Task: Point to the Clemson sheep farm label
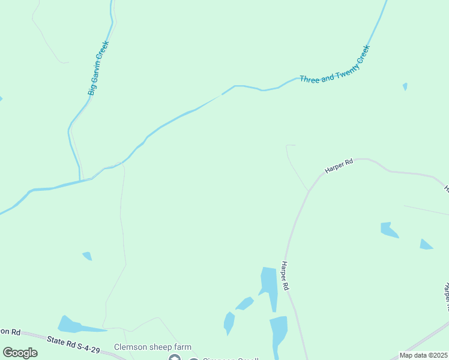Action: [x=153, y=347]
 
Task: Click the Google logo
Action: [x=20, y=353]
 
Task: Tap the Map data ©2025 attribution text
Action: [x=424, y=355]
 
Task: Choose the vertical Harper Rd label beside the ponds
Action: [x=286, y=277]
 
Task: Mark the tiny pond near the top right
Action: [x=405, y=86]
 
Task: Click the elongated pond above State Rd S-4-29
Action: [x=75, y=325]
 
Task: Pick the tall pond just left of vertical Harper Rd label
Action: [x=270, y=287]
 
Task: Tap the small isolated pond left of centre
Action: [x=88, y=256]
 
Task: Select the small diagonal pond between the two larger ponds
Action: [x=244, y=304]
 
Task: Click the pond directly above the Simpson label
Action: [x=229, y=322]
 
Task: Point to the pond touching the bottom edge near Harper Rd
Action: [x=279, y=336]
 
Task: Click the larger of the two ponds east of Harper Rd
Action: [x=388, y=230]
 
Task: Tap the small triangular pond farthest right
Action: [x=426, y=244]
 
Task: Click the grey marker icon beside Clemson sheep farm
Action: [x=175, y=358]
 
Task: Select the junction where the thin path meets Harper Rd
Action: [x=309, y=191]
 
